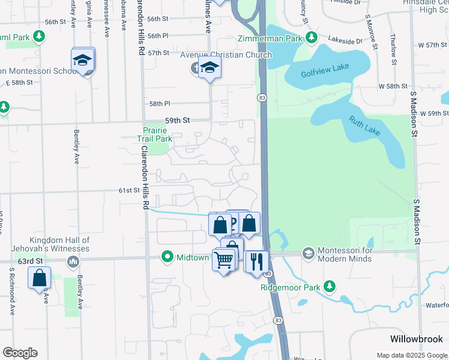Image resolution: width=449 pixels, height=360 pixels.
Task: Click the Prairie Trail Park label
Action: pyautogui.click(x=155, y=134)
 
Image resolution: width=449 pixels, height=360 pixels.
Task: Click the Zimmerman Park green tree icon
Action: pyautogui.click(x=311, y=38)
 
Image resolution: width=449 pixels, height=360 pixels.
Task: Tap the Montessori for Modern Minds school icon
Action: pyautogui.click(x=308, y=253)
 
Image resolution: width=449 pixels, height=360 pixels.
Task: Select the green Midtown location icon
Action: pyautogui.click(x=167, y=257)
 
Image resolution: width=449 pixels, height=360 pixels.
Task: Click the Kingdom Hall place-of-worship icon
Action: pyautogui.click(x=73, y=262)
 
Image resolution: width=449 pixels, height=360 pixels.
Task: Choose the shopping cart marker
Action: pyautogui.click(x=223, y=260)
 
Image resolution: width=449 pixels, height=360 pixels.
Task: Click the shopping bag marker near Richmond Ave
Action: pyautogui.click(x=39, y=278)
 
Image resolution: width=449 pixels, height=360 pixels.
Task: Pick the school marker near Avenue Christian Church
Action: pyautogui.click(x=210, y=68)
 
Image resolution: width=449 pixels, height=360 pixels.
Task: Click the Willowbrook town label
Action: pyautogui.click(x=416, y=338)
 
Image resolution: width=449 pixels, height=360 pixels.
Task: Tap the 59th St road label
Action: pyautogui.click(x=177, y=121)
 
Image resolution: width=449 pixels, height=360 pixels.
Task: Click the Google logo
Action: pyautogui.click(x=20, y=353)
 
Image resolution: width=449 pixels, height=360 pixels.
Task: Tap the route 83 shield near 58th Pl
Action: pyautogui.click(x=261, y=97)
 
